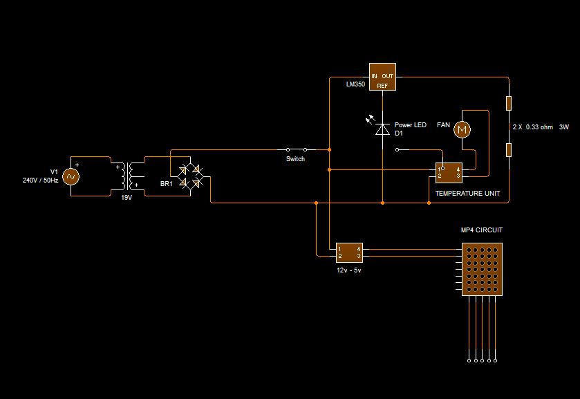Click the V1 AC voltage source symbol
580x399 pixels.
tap(71, 177)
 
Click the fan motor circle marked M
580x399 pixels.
tap(462, 129)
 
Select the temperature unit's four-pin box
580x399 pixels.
tap(448, 172)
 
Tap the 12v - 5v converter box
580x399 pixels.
tap(349, 252)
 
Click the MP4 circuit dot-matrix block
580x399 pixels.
tap(481, 268)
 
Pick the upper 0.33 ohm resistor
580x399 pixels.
tap(509, 104)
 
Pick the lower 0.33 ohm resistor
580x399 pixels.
tap(509, 150)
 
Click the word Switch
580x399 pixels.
tap(295, 159)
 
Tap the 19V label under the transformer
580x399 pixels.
tap(127, 198)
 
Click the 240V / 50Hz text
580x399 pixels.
tap(41, 180)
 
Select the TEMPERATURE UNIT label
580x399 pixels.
tap(467, 194)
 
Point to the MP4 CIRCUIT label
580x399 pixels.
tap(482, 230)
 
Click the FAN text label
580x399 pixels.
tap(443, 126)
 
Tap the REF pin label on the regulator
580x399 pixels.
tap(382, 85)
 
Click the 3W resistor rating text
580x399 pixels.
tap(563, 127)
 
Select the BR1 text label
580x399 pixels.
tap(166, 185)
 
